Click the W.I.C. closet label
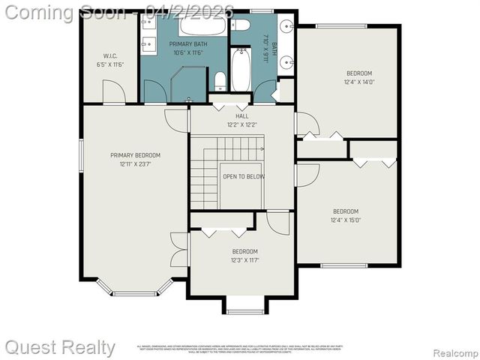tap(109, 56)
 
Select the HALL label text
tap(241, 116)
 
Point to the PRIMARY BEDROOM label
tap(136, 155)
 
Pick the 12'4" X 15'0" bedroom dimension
tap(346, 220)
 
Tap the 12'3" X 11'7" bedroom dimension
tap(244, 260)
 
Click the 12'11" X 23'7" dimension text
tap(136, 164)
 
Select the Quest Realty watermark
tap(60, 347)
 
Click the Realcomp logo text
tap(451, 352)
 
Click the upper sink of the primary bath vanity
tap(147, 22)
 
